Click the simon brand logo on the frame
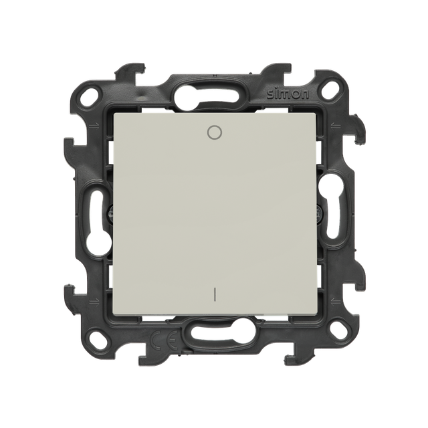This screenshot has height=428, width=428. point(288,94)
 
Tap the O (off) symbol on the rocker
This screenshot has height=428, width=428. point(214,132)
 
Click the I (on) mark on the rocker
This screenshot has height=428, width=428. point(214,294)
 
